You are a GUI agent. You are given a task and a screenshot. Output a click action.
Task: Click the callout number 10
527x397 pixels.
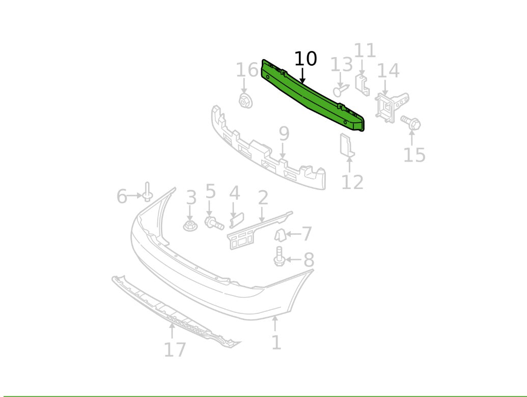(x=306, y=59)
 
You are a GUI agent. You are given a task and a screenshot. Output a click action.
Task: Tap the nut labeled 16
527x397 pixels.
(x=245, y=100)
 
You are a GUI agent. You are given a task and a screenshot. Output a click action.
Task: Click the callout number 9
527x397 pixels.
(x=284, y=134)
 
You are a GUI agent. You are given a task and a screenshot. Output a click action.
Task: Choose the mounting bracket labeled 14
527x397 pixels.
(x=391, y=107)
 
